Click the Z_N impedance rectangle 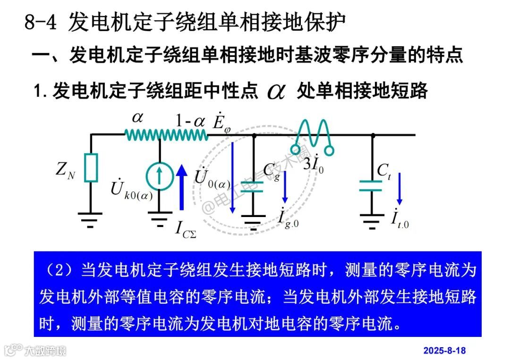coord(91,167)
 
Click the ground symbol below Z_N coord(91,218)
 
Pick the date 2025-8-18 coord(444,351)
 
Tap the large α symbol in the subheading coord(276,91)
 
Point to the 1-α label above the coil coord(190,121)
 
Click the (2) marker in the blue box coord(59,271)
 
